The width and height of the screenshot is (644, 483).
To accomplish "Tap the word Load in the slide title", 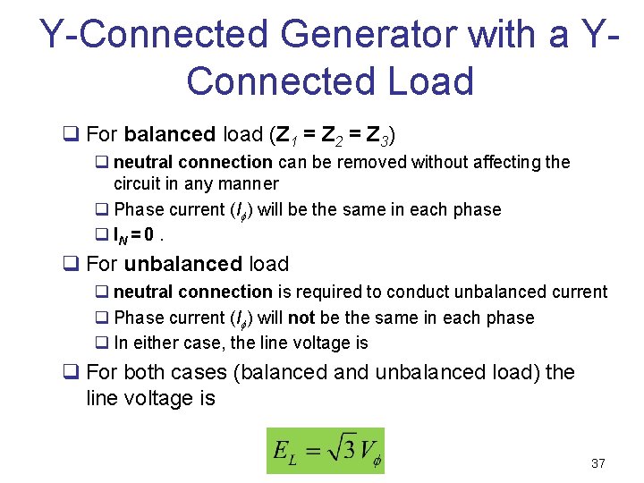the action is click(428, 81).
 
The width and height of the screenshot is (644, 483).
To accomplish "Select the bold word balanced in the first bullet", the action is click(170, 135).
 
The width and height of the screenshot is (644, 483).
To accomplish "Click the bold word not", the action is click(301, 318).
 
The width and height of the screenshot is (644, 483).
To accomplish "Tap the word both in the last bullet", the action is click(148, 372).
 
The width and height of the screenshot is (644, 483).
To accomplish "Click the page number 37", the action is click(598, 463).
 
